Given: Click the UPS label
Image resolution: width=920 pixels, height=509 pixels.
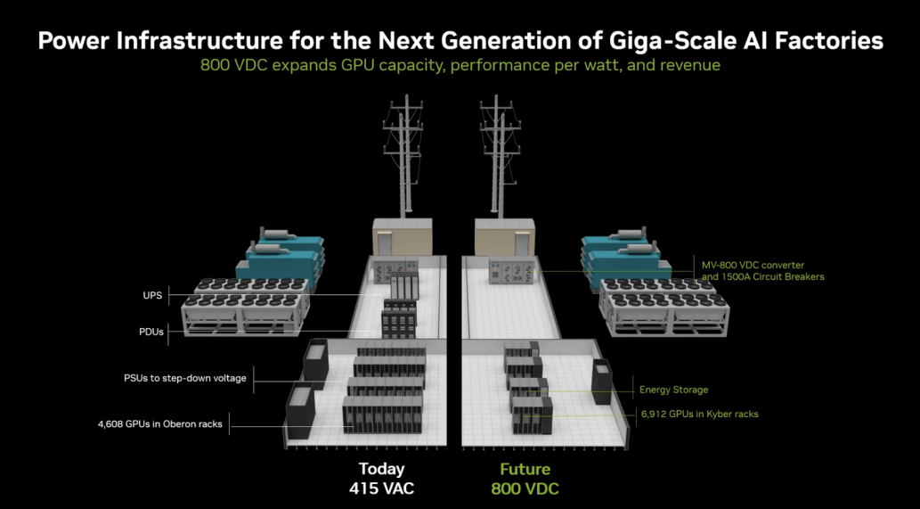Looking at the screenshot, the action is pyautogui.click(x=152, y=295).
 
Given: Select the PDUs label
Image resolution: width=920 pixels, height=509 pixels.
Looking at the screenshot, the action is pyautogui.click(x=151, y=332).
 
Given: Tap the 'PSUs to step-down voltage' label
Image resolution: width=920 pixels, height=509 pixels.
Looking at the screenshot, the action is pyautogui.click(x=185, y=378).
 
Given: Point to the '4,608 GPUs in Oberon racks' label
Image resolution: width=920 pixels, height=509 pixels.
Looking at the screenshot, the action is pyautogui.click(x=160, y=424).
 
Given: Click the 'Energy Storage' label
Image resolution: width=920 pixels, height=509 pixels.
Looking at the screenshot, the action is pyautogui.click(x=673, y=390).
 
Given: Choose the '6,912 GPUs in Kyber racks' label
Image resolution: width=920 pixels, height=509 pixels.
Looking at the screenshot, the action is pyautogui.click(x=699, y=415).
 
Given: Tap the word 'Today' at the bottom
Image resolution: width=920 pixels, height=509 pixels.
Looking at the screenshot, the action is pyautogui.click(x=381, y=469).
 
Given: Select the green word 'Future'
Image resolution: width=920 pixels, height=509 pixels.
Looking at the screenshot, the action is pyautogui.click(x=525, y=469).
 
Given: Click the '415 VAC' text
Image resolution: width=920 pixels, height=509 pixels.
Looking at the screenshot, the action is pyautogui.click(x=381, y=488).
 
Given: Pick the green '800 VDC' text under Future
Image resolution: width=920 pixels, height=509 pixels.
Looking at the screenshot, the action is pyautogui.click(x=525, y=488).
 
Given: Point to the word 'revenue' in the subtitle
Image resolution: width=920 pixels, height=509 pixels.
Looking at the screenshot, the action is pyautogui.click(x=690, y=64).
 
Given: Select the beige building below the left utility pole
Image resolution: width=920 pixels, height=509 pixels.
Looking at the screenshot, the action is pyautogui.click(x=403, y=236).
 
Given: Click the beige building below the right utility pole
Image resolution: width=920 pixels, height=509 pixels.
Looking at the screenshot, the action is pyautogui.click(x=505, y=236).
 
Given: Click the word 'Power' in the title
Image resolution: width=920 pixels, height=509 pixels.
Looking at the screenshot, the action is pyautogui.click(x=73, y=41).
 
